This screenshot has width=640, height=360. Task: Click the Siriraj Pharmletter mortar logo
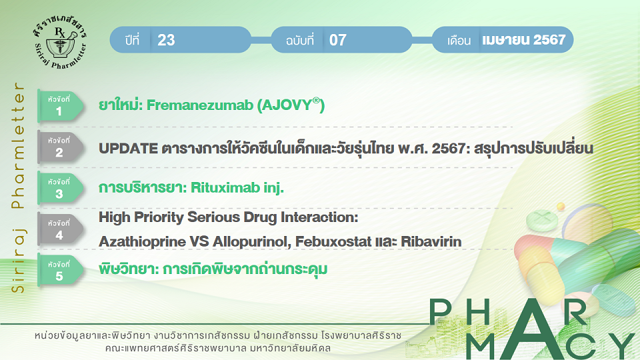point(60,43)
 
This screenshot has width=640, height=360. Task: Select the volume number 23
point(166,40)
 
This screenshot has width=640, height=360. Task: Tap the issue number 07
point(338,40)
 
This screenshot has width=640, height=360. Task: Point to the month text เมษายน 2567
point(524,39)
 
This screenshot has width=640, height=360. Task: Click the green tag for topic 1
point(61,106)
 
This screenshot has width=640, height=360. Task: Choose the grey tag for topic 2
point(61,147)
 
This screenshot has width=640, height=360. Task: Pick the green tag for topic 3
point(61,188)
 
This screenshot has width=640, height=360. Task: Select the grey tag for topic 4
point(61,229)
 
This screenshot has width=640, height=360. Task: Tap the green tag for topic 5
point(61,271)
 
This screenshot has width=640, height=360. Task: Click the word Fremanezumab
point(200,105)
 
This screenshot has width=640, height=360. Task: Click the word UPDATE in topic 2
point(128,149)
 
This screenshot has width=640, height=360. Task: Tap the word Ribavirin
point(431,241)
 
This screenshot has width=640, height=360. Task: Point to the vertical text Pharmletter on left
point(18,145)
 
